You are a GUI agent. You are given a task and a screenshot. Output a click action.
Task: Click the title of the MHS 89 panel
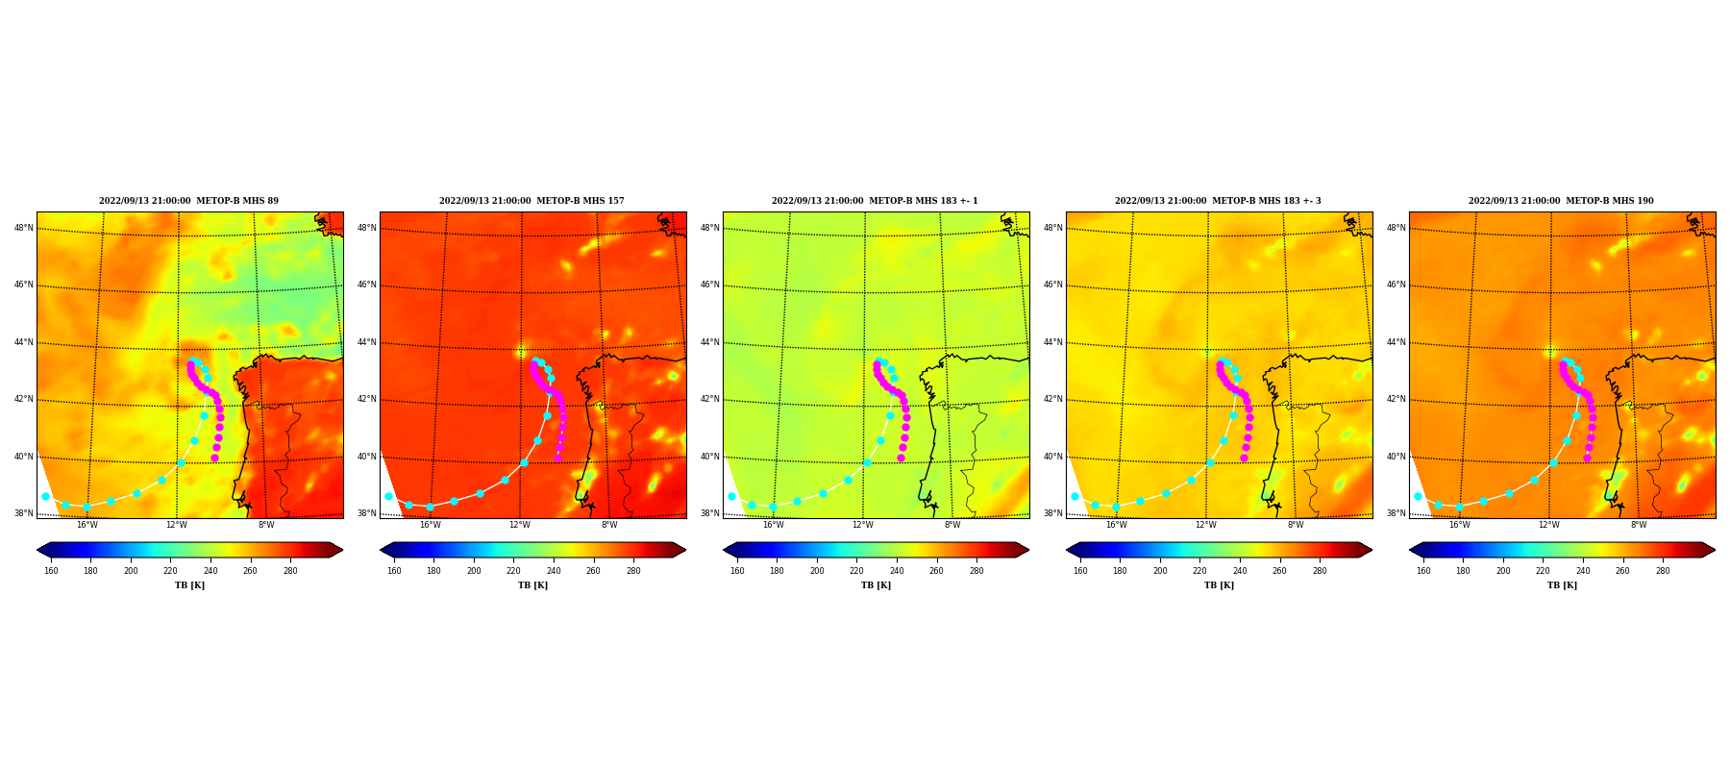188,201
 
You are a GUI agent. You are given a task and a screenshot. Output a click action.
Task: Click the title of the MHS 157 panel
531,201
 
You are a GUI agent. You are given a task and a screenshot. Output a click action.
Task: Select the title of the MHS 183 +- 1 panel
875,201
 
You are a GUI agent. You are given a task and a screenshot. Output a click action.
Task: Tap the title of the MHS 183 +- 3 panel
1218,201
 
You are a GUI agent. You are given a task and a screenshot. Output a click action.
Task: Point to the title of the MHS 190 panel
1561,201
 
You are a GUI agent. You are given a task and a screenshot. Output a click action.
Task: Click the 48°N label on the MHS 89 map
23,228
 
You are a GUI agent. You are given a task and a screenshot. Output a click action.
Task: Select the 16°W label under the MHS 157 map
430,525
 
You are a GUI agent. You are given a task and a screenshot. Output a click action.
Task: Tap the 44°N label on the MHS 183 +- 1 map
709,342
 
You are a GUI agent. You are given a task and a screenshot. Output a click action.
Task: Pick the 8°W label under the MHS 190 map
1638,525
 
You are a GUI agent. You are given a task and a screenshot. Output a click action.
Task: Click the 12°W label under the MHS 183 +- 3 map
1205,525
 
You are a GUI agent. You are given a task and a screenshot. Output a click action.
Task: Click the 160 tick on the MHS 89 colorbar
51,571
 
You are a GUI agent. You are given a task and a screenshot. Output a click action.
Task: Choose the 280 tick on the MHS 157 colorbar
633,571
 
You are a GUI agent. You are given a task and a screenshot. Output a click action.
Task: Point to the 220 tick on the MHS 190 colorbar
1543,571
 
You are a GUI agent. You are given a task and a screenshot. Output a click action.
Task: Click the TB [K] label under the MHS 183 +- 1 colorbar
876,585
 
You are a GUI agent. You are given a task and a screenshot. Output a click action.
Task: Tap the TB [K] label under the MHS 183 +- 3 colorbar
1219,585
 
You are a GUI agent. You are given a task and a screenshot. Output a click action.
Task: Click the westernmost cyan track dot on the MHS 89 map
45,496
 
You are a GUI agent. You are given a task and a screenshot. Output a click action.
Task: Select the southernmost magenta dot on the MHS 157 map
557,458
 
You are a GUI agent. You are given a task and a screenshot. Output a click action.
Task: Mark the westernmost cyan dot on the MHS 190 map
1418,496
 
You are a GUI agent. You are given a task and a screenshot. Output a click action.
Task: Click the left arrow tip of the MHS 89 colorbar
37,550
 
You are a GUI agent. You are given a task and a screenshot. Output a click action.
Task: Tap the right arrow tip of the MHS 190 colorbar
1715,550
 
